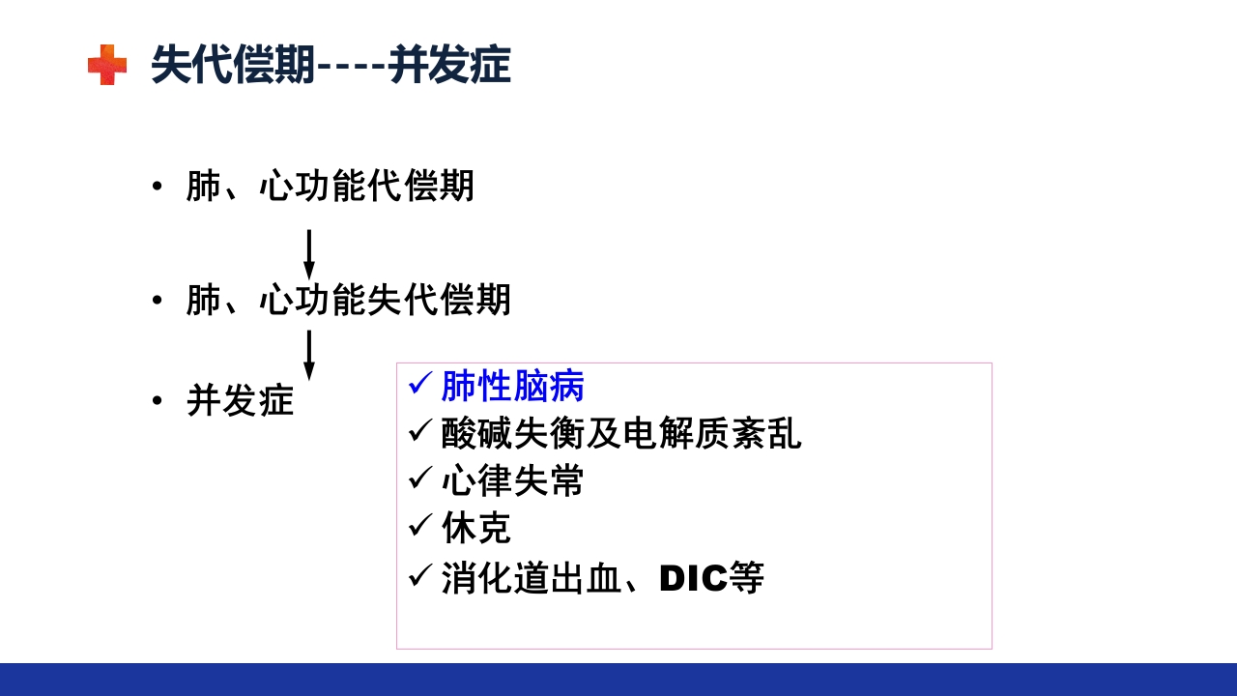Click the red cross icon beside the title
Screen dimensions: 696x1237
pyautogui.click(x=107, y=65)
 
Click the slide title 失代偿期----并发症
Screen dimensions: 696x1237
pyautogui.click(x=331, y=66)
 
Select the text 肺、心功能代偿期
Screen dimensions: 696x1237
pyautogui.click(x=330, y=187)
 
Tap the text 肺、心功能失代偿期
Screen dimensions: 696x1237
pyautogui.click(x=348, y=301)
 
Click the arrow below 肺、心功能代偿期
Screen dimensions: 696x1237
pyautogui.click(x=309, y=254)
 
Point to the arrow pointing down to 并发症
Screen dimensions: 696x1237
pyautogui.click(x=309, y=355)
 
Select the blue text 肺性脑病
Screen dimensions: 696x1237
pyautogui.click(x=512, y=387)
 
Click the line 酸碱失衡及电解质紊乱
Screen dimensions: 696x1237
pyautogui.click(x=620, y=434)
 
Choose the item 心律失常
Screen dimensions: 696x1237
pyautogui.click(x=512, y=481)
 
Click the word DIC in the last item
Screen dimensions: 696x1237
pyautogui.click(x=693, y=579)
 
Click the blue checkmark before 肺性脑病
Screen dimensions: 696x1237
pyautogui.click(x=420, y=383)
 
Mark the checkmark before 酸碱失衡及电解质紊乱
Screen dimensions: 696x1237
pyautogui.click(x=420, y=430)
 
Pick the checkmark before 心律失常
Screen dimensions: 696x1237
pyautogui.click(x=420, y=478)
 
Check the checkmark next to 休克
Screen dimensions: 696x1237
pyautogui.click(x=420, y=525)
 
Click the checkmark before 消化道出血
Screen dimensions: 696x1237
pyautogui.click(x=420, y=575)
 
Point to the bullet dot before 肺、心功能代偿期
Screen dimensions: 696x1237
pyautogui.click(x=158, y=187)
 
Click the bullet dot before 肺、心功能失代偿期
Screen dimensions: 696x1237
pyautogui.click(x=158, y=301)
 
